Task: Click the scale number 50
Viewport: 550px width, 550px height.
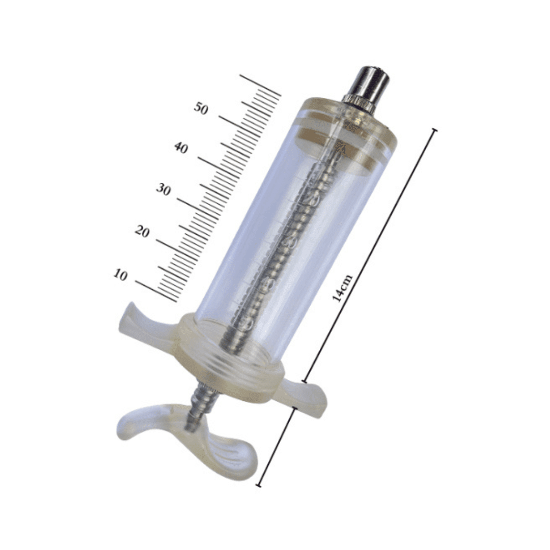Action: click(x=201, y=108)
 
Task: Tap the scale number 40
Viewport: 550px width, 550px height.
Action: click(x=181, y=148)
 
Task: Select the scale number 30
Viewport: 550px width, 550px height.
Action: click(x=163, y=190)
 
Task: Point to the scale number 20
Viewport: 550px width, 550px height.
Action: click(x=142, y=232)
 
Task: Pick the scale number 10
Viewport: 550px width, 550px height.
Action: click(x=120, y=274)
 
